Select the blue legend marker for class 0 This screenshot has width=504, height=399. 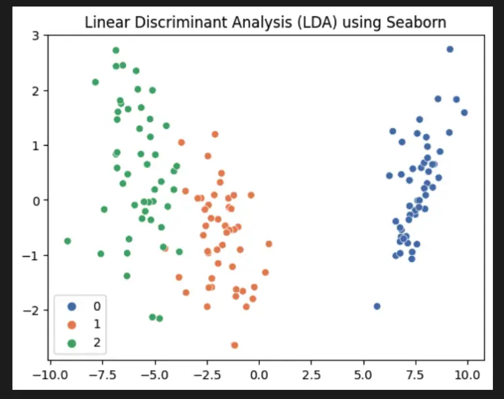pyautogui.click(x=72, y=306)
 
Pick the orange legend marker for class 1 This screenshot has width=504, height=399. pyautogui.click(x=72, y=324)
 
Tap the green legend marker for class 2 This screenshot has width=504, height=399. pyautogui.click(x=72, y=342)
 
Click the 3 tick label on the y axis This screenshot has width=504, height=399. pyautogui.click(x=35, y=35)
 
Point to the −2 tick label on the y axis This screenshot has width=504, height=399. pyautogui.click(x=31, y=310)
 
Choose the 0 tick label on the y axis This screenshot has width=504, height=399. pyautogui.click(x=35, y=200)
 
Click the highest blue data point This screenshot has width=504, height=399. pyautogui.click(x=450, y=49)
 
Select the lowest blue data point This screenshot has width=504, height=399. pyautogui.click(x=377, y=306)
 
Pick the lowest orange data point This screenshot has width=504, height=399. pyautogui.click(x=234, y=345)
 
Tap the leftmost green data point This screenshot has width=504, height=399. pyautogui.click(x=67, y=241)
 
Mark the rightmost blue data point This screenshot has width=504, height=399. pyautogui.click(x=464, y=112)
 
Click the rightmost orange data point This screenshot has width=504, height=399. pyautogui.click(x=268, y=244)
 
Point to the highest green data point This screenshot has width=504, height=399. pyautogui.click(x=115, y=51)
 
